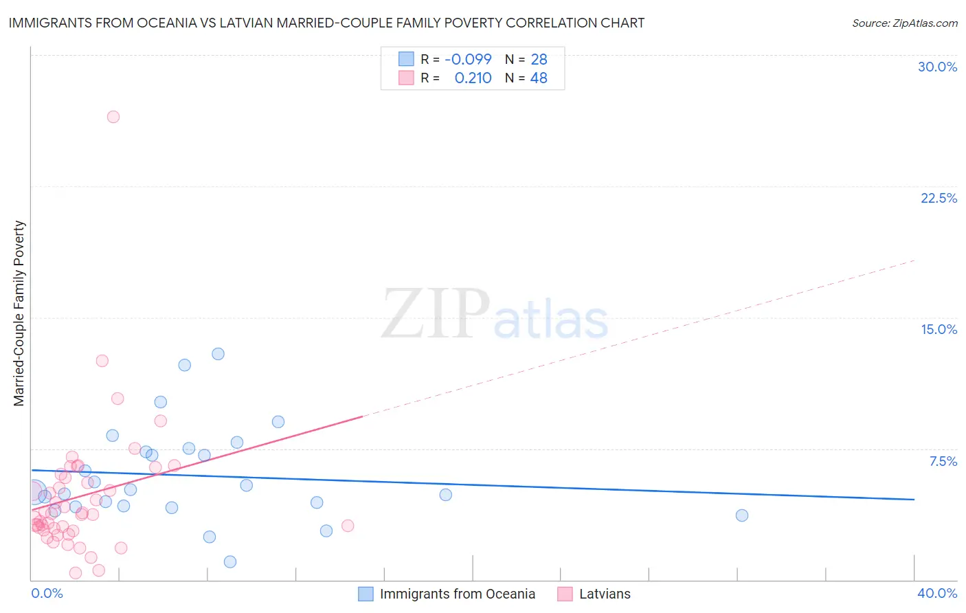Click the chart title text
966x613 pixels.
[x=326, y=23]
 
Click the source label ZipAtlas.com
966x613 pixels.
[x=904, y=23]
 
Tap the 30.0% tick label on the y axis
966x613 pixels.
[x=937, y=67]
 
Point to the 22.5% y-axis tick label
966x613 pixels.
[x=939, y=198]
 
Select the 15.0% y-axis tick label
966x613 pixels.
[x=939, y=329]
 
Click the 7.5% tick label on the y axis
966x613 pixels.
[x=943, y=461]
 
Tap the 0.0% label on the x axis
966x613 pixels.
[x=47, y=593]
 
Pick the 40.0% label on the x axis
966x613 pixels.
[x=937, y=593]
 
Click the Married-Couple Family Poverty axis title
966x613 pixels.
[x=19, y=313]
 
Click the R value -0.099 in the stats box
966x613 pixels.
[x=468, y=60]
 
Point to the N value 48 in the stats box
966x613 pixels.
[x=539, y=78]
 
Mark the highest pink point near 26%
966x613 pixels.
[x=113, y=117]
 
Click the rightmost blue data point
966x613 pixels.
[x=742, y=515]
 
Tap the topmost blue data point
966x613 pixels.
[x=218, y=354]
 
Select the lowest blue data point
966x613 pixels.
[x=230, y=561]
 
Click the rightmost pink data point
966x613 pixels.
[x=348, y=526]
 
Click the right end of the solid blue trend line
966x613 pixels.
[x=914, y=500]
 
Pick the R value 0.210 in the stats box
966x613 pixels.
[x=473, y=78]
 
